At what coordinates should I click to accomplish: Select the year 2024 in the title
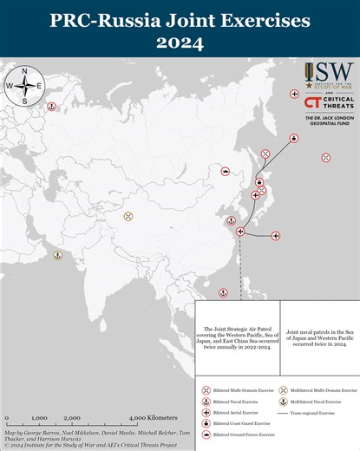click(180, 42)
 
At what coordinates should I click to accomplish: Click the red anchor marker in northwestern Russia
click(50, 106)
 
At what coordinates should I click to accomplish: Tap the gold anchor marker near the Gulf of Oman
click(57, 255)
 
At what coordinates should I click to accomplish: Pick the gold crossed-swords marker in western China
click(128, 215)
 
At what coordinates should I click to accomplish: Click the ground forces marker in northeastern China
click(226, 172)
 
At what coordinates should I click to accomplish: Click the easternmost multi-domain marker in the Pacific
click(325, 157)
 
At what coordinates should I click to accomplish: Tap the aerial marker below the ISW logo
click(294, 93)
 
